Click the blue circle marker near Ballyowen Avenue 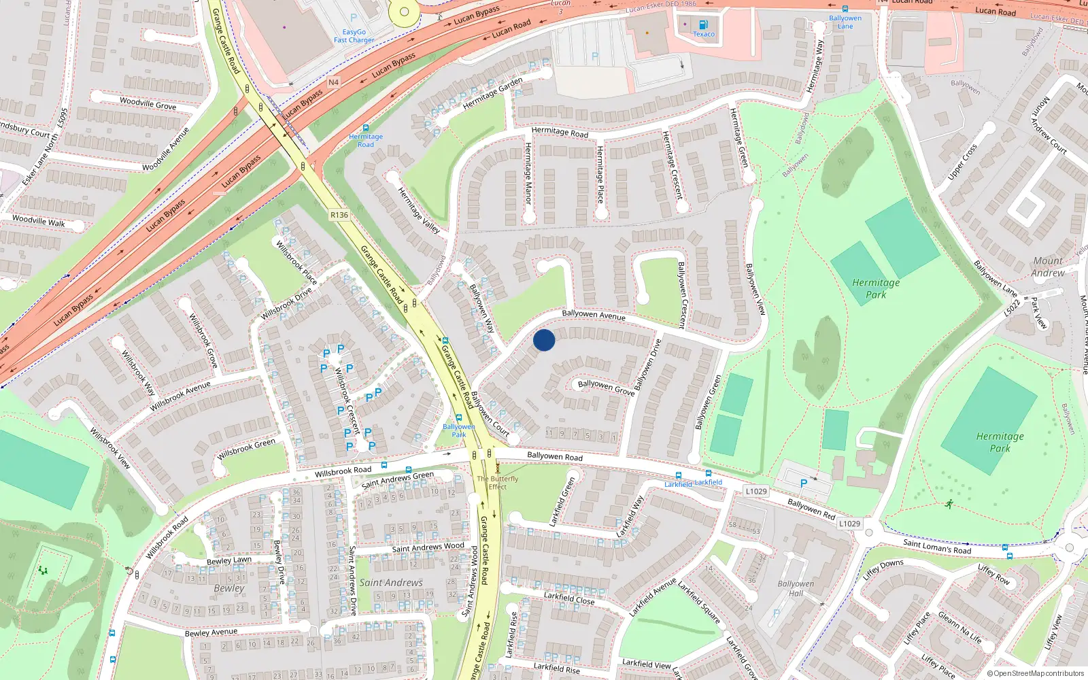tap(544, 340)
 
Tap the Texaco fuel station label tap(704, 34)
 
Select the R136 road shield tap(339, 215)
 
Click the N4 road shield tap(333, 82)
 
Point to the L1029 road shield tap(756, 491)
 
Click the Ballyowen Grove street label tap(606, 388)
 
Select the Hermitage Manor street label tap(528, 173)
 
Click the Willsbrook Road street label tap(343, 471)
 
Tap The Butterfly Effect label tap(497, 482)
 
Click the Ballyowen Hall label tap(796, 588)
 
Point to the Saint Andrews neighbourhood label tap(391, 583)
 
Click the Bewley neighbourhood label tap(229, 588)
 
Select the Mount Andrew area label tap(1048, 267)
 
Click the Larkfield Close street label tap(569, 598)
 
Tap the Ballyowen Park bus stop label tap(459, 430)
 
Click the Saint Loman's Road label tap(937, 546)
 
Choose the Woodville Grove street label tap(148, 103)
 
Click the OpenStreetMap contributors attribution tap(1035, 673)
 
